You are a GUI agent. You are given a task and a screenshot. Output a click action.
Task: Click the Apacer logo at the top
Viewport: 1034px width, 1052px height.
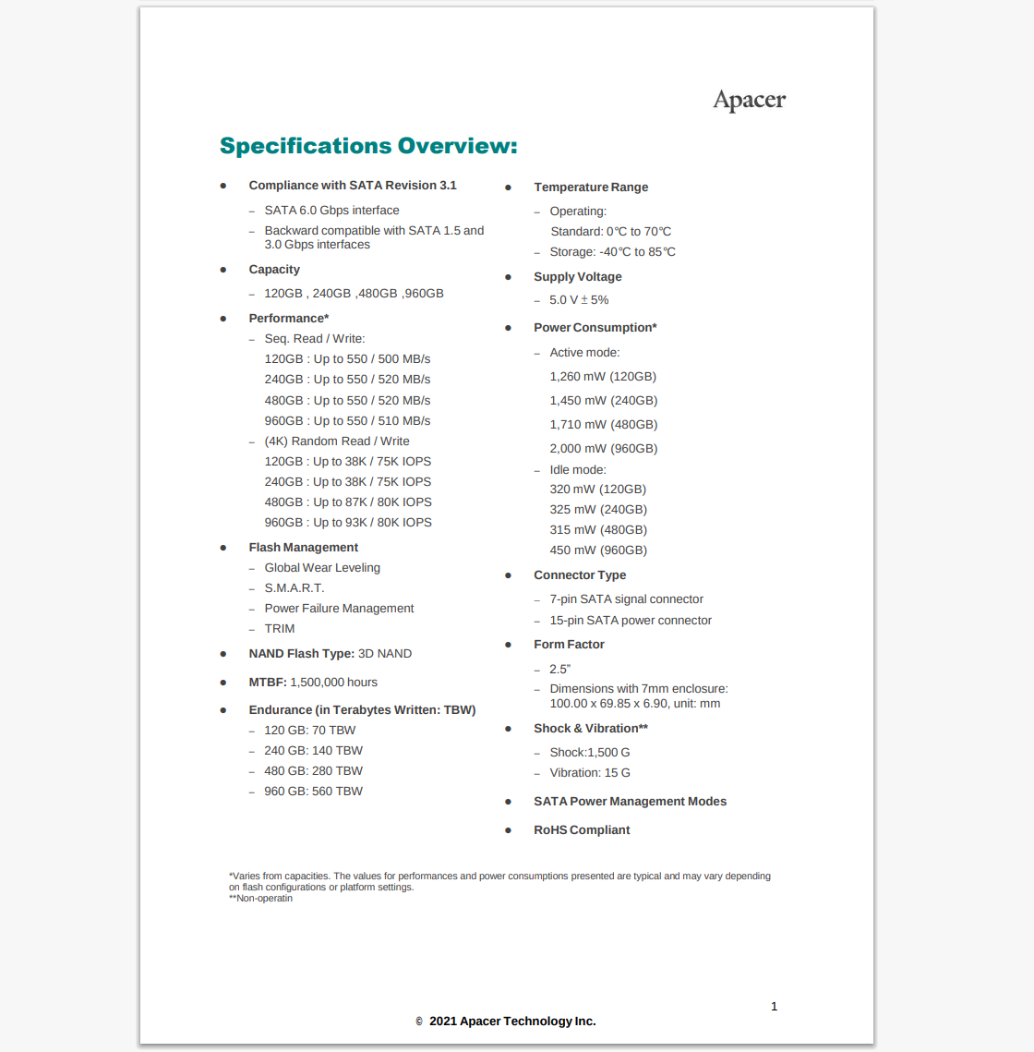pos(749,101)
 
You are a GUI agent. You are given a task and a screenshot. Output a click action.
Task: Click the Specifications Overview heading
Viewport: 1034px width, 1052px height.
pos(368,146)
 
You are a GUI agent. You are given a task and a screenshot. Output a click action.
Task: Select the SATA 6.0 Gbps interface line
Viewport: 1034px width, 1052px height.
pos(331,211)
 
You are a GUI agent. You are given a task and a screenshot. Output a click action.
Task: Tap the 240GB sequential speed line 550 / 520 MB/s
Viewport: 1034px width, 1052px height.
pos(347,380)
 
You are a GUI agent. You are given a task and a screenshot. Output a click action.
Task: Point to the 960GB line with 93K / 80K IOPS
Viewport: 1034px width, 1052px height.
pos(348,523)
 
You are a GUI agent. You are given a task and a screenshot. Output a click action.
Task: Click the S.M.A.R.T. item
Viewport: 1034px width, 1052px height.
pos(295,588)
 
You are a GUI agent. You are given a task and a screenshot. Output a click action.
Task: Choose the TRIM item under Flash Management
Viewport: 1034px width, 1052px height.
pos(280,629)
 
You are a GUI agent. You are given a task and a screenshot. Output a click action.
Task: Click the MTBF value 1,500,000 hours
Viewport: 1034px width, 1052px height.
pos(333,683)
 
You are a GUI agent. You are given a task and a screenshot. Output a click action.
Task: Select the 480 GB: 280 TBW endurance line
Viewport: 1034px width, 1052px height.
pos(313,771)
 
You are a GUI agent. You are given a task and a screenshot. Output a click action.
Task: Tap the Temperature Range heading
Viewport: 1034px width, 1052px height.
pos(591,187)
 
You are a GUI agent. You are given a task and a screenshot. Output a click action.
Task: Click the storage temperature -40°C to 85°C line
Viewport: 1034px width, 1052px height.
pos(612,252)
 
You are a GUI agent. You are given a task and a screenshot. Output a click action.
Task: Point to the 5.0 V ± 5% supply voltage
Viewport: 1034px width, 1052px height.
pos(579,300)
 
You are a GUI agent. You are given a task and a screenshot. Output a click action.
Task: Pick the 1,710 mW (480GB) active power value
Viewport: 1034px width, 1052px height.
pos(604,425)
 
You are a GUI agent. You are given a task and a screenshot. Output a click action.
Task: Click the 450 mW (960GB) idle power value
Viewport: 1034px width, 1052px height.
pos(598,550)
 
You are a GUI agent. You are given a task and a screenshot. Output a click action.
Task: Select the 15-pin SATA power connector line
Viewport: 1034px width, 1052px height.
pos(631,621)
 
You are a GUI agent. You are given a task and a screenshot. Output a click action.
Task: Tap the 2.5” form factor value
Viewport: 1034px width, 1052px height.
pos(559,670)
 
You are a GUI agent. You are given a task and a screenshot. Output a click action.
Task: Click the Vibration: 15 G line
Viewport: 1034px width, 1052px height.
pos(590,773)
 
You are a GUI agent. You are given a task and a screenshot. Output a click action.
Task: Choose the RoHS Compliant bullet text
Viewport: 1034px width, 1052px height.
pos(582,830)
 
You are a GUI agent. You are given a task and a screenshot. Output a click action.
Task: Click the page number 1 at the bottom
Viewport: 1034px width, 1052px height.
pos(774,1007)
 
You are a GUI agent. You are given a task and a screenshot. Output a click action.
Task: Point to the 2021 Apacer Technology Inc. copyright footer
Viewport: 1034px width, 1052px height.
pos(511,1022)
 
